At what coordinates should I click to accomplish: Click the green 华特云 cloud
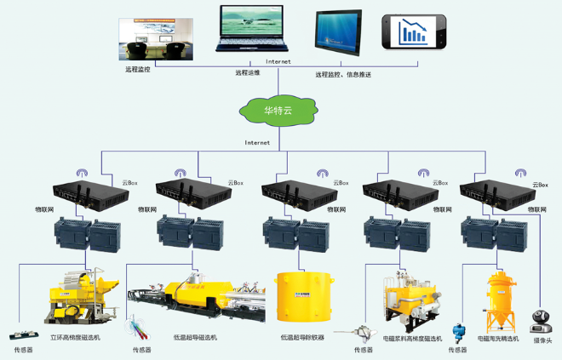279,110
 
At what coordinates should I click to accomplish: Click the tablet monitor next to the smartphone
338,32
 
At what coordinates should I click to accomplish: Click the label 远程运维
247,72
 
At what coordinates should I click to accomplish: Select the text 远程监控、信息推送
343,75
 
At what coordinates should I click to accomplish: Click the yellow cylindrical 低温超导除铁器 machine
301,297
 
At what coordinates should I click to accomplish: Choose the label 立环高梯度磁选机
75,338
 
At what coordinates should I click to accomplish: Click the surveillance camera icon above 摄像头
541,321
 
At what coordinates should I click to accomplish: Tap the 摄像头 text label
542,341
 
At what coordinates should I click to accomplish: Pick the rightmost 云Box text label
540,184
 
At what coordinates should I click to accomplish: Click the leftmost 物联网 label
44,209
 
